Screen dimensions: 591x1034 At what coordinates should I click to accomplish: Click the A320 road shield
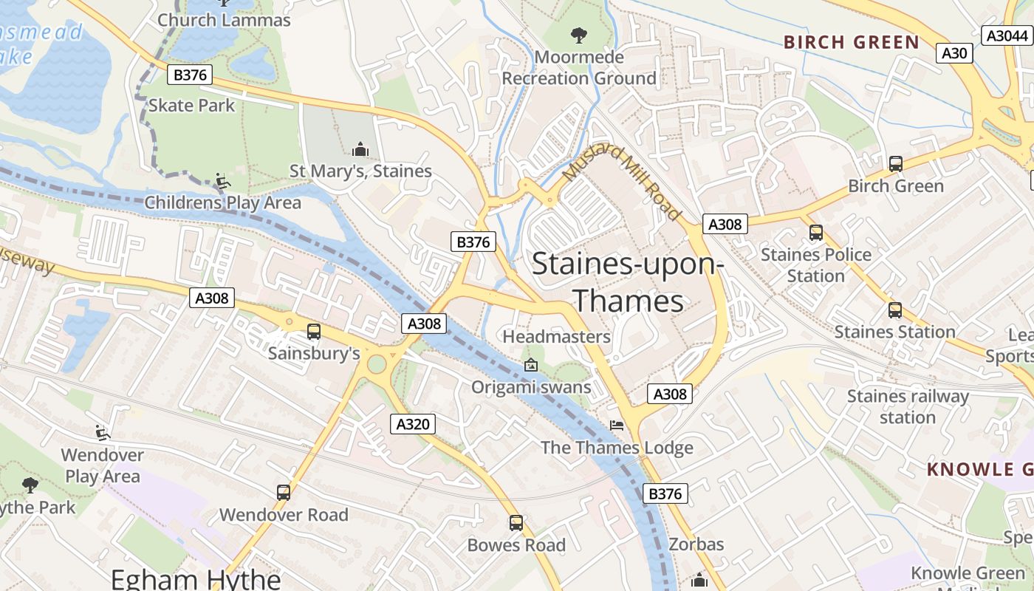click(x=413, y=424)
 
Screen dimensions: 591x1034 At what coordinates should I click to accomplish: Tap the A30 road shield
click(x=954, y=52)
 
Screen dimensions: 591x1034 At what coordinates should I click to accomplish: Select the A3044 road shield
click(x=1007, y=35)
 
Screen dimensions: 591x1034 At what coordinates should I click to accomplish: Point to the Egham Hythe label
click(x=196, y=578)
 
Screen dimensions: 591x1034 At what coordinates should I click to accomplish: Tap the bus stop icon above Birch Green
click(x=895, y=164)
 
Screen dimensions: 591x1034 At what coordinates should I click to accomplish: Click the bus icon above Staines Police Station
click(x=815, y=233)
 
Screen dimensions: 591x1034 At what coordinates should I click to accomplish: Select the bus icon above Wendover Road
click(x=283, y=492)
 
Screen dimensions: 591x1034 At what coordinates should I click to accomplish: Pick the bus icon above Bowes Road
click(x=516, y=523)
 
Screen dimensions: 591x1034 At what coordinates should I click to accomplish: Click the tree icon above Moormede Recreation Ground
click(x=578, y=35)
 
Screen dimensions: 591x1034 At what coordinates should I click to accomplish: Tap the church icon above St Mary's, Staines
click(x=360, y=149)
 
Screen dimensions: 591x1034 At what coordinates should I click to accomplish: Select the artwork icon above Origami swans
click(x=530, y=365)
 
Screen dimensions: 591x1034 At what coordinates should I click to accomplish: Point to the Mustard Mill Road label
click(x=622, y=182)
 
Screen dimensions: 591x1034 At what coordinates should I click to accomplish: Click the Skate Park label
click(x=191, y=105)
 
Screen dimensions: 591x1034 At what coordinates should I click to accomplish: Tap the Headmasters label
click(x=556, y=337)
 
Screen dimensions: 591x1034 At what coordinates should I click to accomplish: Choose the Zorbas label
click(x=696, y=544)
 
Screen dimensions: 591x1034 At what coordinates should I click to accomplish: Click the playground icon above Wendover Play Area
click(x=103, y=432)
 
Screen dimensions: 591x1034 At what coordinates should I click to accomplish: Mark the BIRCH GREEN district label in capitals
click(x=851, y=42)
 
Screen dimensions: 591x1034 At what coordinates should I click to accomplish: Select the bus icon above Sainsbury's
click(x=314, y=332)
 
